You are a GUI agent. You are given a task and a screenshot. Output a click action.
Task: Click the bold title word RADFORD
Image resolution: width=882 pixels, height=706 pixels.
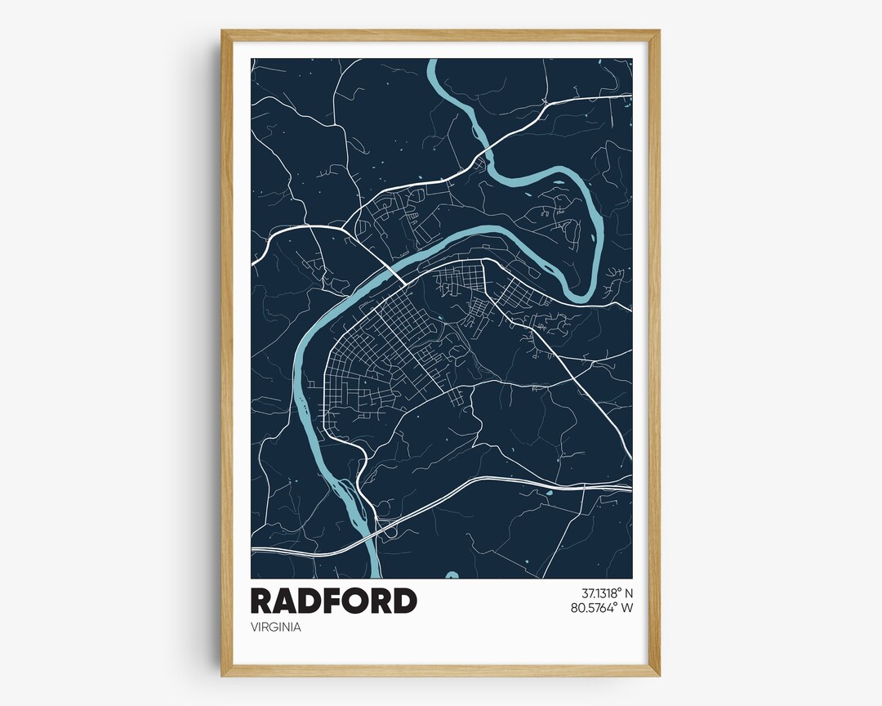(x=333, y=601)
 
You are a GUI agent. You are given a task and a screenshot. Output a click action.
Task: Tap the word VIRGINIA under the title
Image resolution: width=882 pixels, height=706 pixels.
(x=275, y=628)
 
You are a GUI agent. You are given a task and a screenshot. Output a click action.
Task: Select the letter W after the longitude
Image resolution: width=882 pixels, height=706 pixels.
(x=627, y=607)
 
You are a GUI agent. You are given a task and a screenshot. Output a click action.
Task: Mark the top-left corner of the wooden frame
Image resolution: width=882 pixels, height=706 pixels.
(x=222, y=31)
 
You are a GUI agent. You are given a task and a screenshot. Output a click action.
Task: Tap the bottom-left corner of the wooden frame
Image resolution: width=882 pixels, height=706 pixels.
(x=222, y=675)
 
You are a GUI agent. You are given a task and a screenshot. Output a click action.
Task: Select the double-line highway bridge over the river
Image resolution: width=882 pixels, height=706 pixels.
(x=370, y=532)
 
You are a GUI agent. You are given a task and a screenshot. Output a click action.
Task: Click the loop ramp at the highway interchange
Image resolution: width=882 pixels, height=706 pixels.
(x=391, y=531)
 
